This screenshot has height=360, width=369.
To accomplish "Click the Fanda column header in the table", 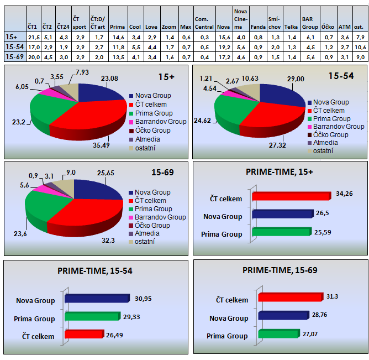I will point(256,26).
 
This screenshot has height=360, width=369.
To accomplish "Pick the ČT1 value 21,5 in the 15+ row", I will point(33,37).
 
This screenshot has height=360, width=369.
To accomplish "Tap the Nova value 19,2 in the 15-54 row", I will point(223,48).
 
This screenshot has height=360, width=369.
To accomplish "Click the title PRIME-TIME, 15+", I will point(279,172).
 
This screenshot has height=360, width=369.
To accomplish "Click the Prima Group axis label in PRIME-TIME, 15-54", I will point(35,319).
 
